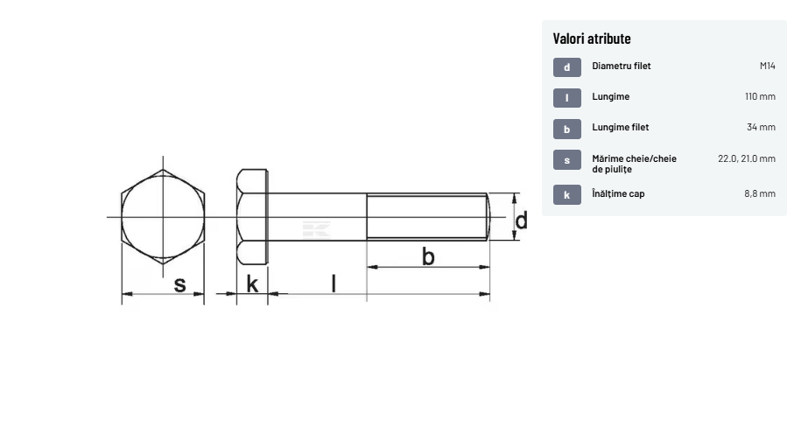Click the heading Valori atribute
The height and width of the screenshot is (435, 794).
tap(592, 39)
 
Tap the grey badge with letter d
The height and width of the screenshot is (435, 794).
tap(566, 67)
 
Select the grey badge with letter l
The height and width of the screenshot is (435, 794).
tap(566, 98)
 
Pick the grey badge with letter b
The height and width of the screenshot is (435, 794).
tap(566, 130)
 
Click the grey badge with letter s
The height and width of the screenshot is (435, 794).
tap(566, 160)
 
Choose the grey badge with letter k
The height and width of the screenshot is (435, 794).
tap(566, 195)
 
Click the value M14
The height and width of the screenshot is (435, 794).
tap(767, 66)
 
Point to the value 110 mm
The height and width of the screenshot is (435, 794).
tap(760, 97)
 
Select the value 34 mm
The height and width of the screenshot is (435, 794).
tap(761, 127)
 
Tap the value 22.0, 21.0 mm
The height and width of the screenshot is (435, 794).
tap(747, 158)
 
